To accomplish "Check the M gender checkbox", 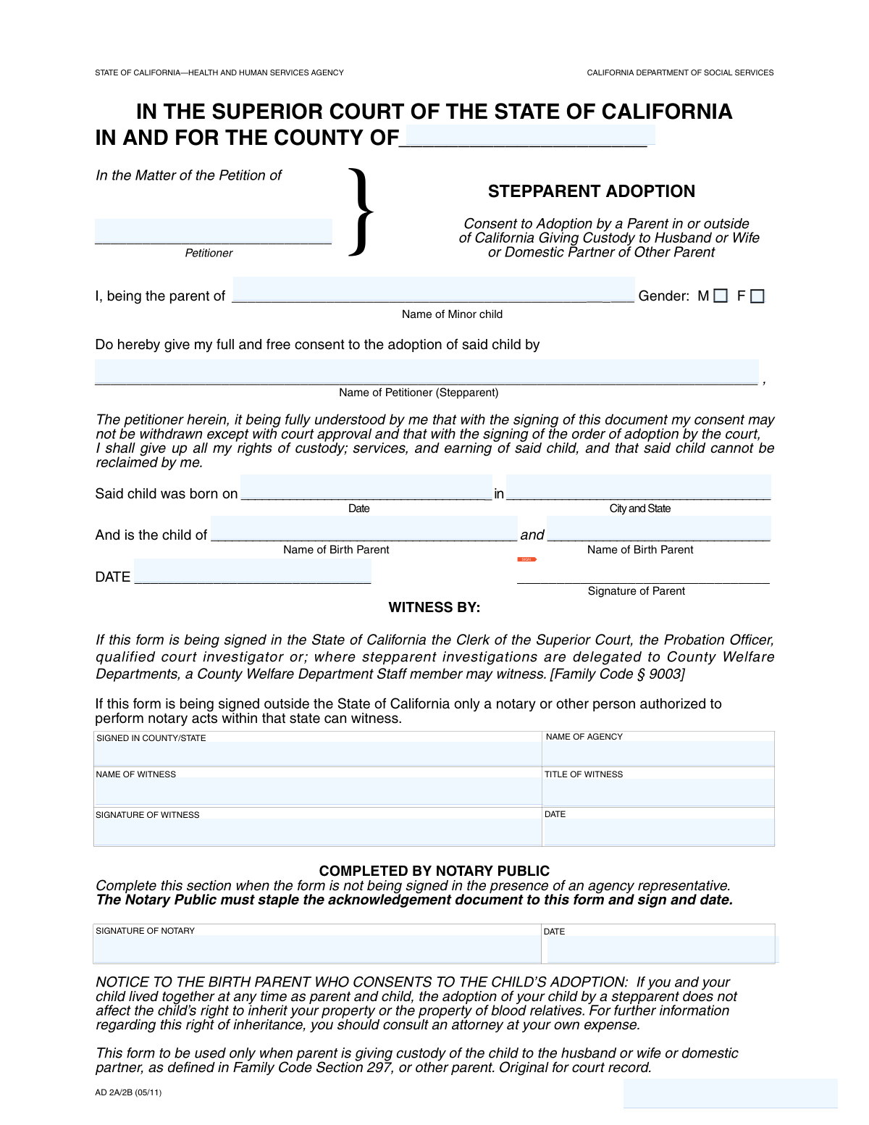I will pyautogui.click(x=720, y=296).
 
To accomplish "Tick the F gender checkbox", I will pyautogui.click(x=757, y=296).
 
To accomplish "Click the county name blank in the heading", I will pyautogui.click(x=530, y=135).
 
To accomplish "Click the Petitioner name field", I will pyautogui.click(x=214, y=231).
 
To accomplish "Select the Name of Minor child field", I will pyautogui.click(x=433, y=290).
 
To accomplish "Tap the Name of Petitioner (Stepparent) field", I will pyautogui.click(x=427, y=372).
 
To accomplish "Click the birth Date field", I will pyautogui.click(x=366, y=487).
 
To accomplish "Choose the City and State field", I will pyautogui.click(x=638, y=487).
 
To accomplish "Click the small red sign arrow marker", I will pyautogui.click(x=526, y=559).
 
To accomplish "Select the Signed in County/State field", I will pyautogui.click(x=318, y=753).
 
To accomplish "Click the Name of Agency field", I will pyautogui.click(x=658, y=753).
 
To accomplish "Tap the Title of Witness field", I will pyautogui.click(x=658, y=792).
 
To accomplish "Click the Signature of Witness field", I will pyautogui.click(x=318, y=832).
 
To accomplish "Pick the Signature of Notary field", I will pyautogui.click(x=317, y=948).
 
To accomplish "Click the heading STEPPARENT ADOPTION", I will pyautogui.click(x=591, y=191).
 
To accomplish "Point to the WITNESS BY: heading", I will pyautogui.click(x=434, y=608).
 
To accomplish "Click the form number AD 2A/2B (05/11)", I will pyautogui.click(x=128, y=1092).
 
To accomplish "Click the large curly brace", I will pyautogui.click(x=361, y=212).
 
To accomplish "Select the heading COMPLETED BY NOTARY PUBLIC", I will pyautogui.click(x=434, y=871).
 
